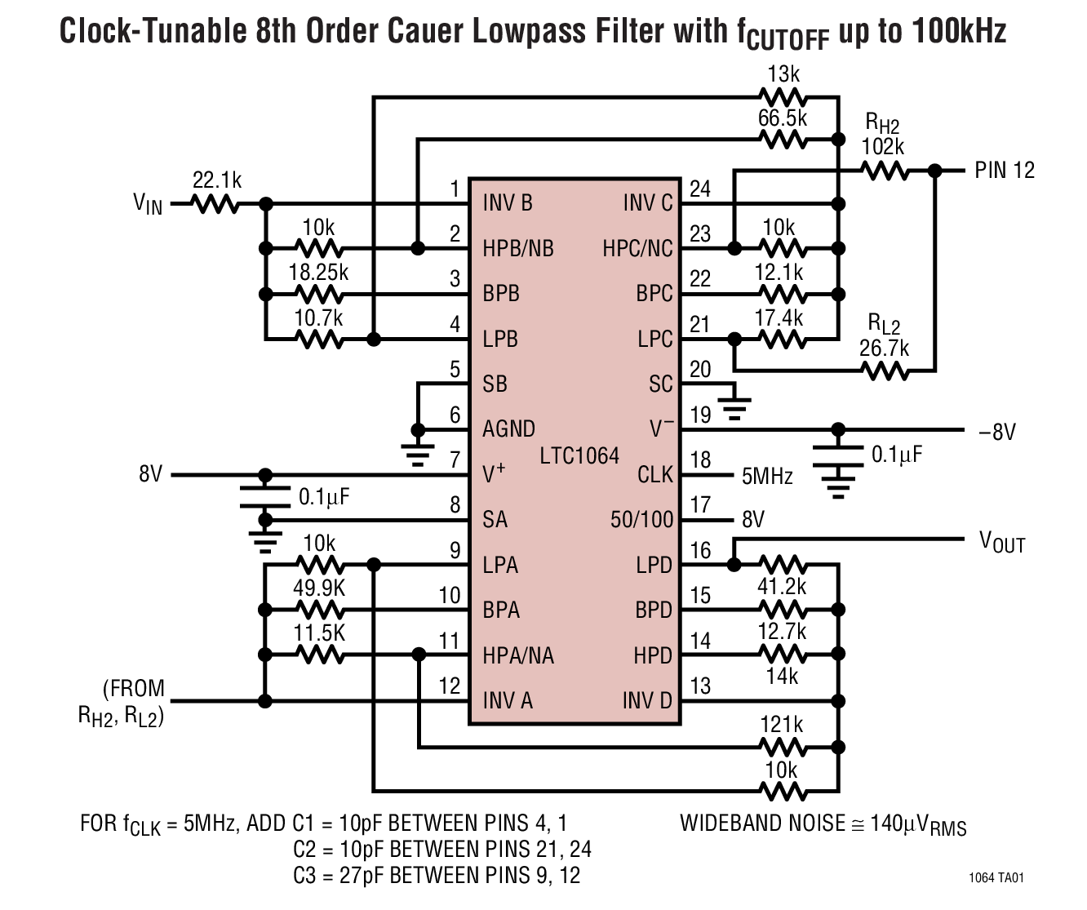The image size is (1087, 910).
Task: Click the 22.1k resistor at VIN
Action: click(216, 203)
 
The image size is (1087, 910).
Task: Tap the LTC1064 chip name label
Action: click(579, 455)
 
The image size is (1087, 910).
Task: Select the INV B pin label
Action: click(508, 202)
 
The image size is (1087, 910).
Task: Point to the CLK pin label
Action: click(655, 474)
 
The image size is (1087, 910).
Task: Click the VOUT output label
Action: click(1002, 541)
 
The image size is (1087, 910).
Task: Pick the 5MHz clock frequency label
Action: click(767, 476)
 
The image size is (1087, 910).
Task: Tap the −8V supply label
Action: click(997, 431)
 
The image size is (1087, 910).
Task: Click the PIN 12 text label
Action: click(1005, 171)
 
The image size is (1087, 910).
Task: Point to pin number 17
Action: click(700, 505)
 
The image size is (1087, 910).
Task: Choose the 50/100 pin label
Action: click(641, 520)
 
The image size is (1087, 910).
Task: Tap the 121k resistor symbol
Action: click(782, 746)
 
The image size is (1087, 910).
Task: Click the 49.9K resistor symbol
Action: click(319, 610)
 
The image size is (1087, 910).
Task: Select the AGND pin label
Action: click(508, 429)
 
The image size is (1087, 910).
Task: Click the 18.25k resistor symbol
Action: click(319, 294)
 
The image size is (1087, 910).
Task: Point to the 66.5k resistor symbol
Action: click(782, 140)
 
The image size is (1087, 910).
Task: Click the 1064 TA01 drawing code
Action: click(996, 878)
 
